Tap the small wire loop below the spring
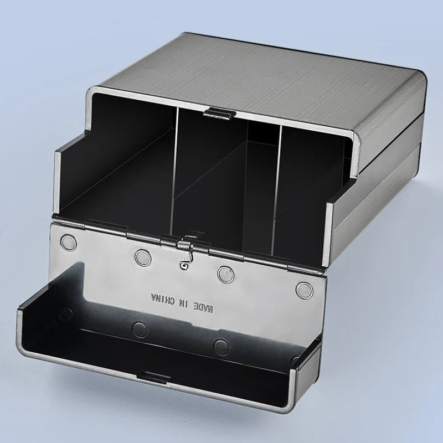(x=182, y=265)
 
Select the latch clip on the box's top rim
(x=217, y=113)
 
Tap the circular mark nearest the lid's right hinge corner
(x=303, y=287)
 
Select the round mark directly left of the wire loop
(x=142, y=256)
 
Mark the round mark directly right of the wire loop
(x=224, y=272)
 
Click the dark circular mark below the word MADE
(x=221, y=346)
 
